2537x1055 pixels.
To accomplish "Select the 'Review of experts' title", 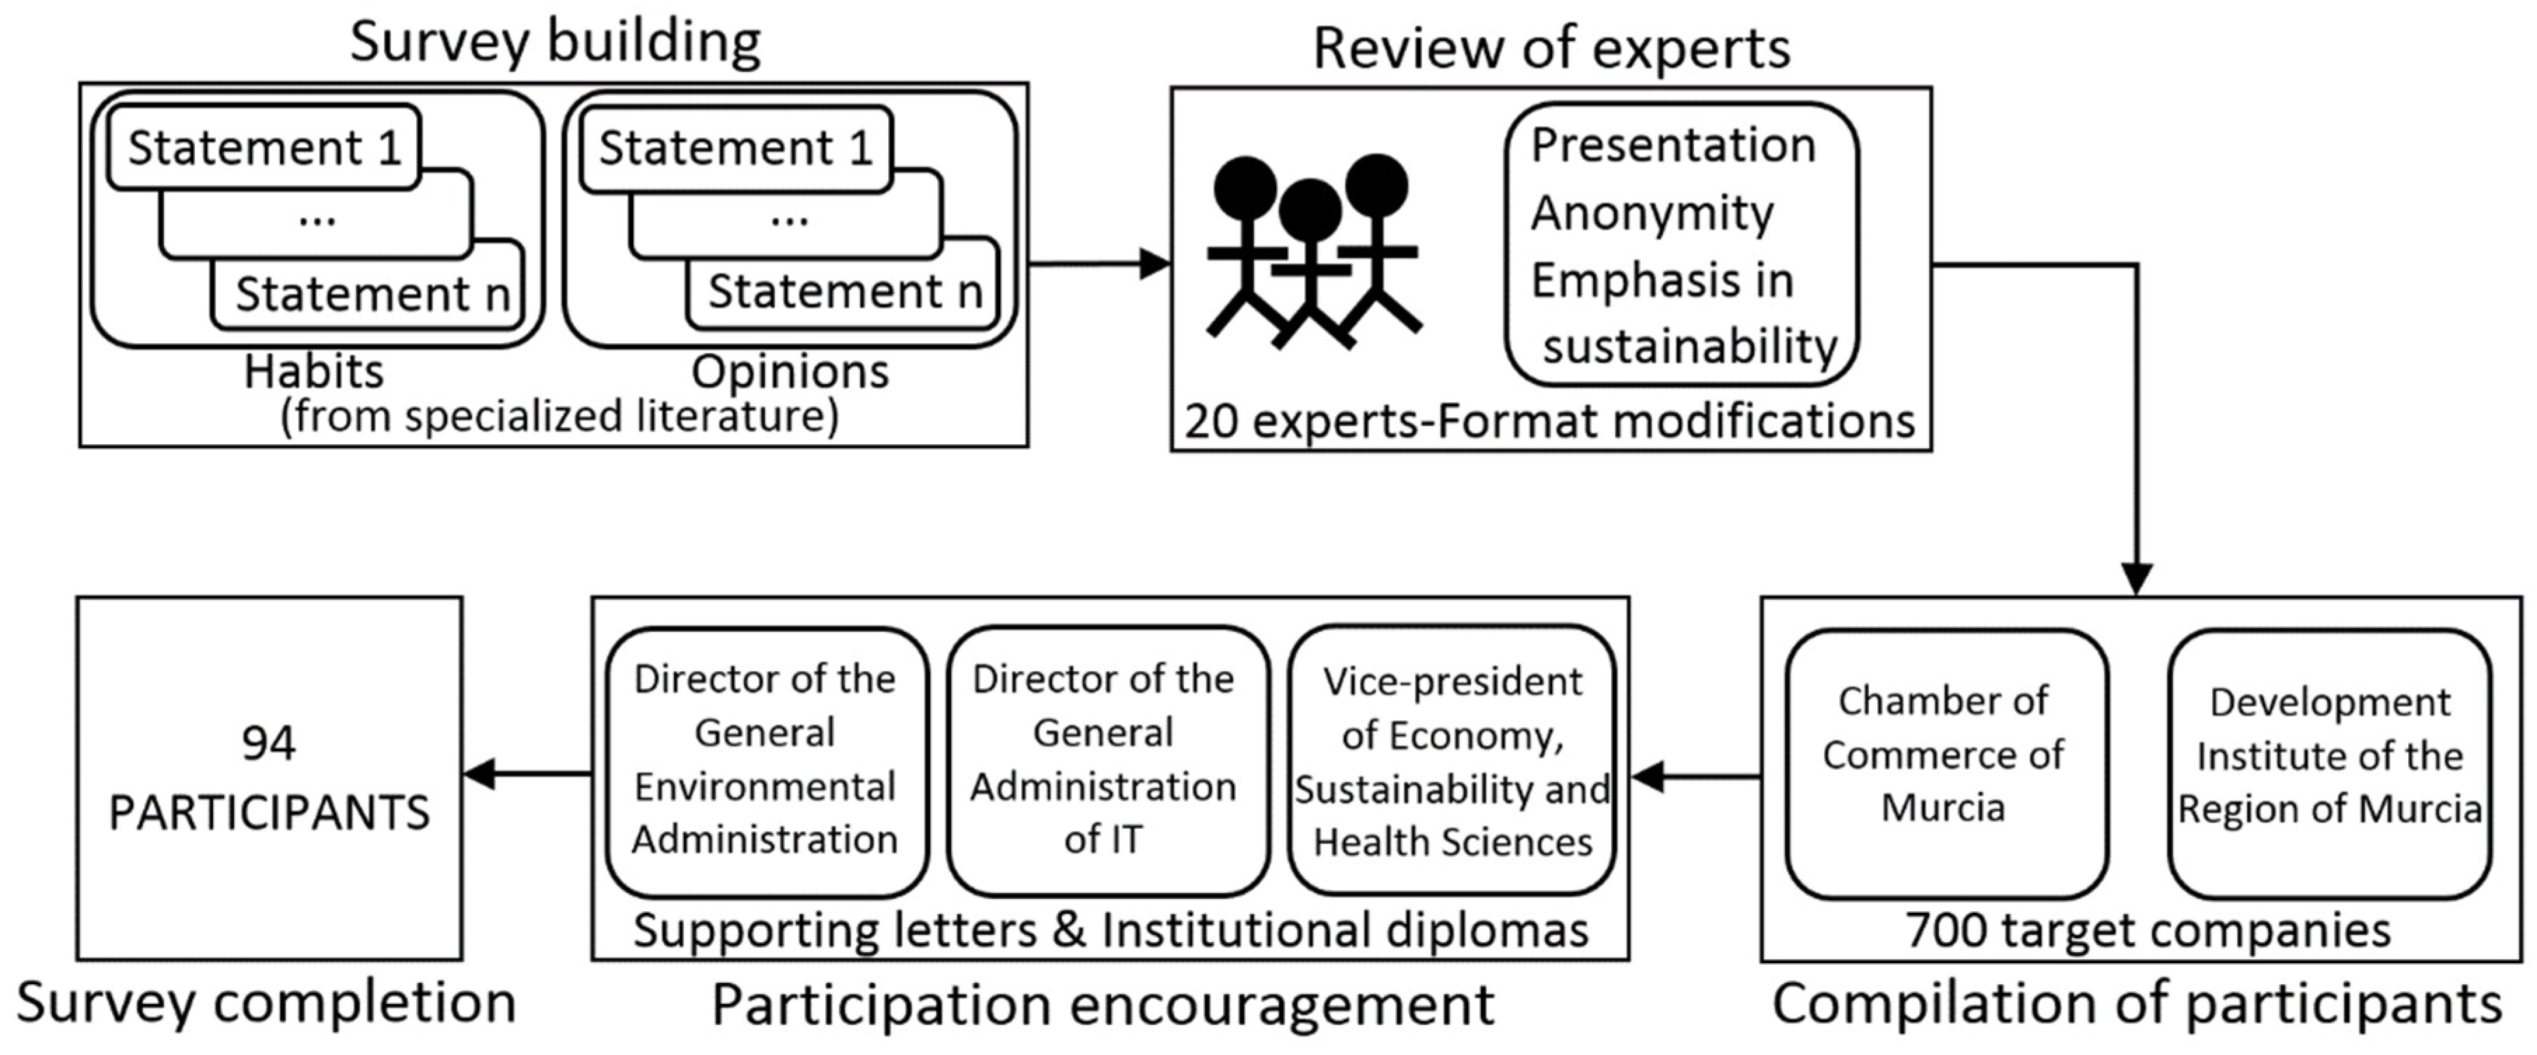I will [1551, 47].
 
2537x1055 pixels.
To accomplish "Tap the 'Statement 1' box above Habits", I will [264, 148].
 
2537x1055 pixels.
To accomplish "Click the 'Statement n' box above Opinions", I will [844, 291].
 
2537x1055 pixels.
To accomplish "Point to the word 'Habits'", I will [313, 373].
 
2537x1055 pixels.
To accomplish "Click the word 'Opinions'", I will [790, 373].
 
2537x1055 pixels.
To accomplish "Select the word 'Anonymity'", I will [1652, 213].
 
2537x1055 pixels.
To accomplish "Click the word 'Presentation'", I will [1672, 145].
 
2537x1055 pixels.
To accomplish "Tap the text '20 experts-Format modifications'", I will [1549, 422].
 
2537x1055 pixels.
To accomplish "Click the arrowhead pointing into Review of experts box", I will [1154, 264].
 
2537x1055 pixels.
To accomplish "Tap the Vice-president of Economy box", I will [1452, 761].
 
